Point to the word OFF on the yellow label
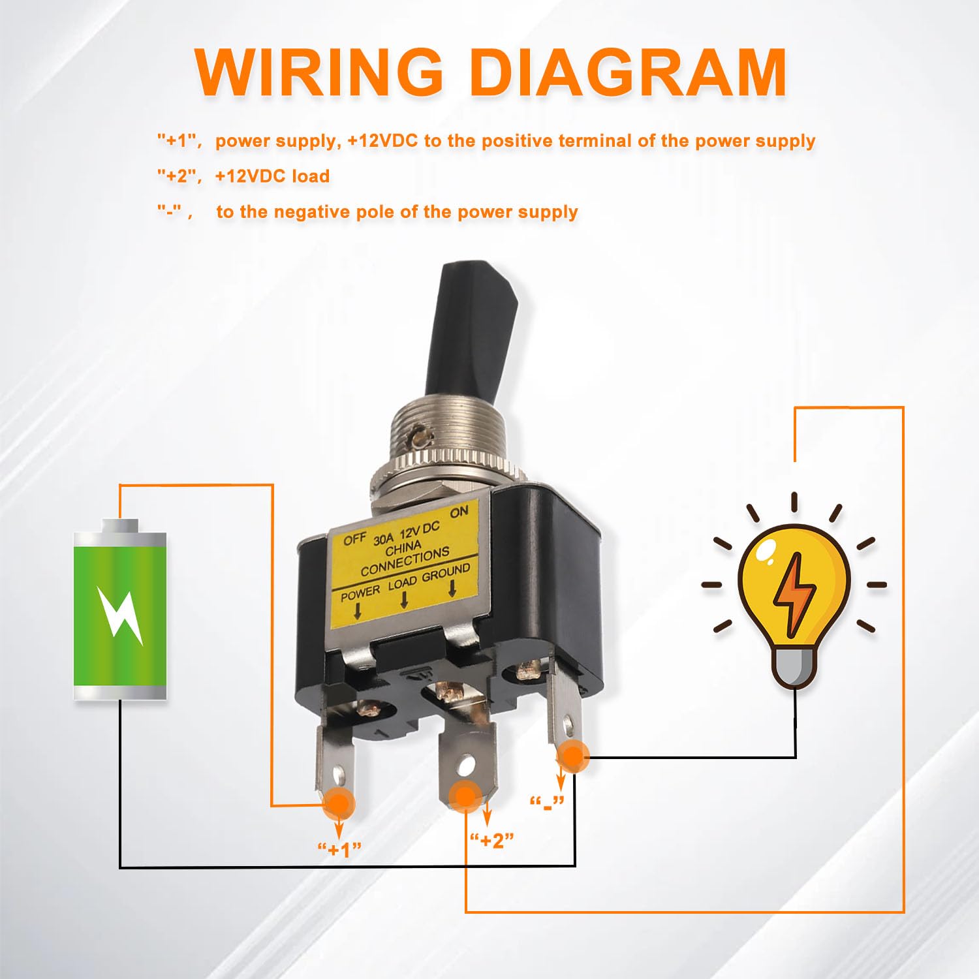click(x=354, y=540)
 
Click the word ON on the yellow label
click(x=459, y=512)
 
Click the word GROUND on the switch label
click(x=446, y=574)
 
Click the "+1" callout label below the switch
click(x=339, y=849)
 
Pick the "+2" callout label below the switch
click(x=492, y=840)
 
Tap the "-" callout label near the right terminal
click(x=547, y=802)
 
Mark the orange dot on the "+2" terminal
click(x=465, y=796)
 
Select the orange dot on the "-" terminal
click(x=572, y=756)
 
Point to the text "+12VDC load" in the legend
click(x=272, y=176)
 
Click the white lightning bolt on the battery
click(x=120, y=614)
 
